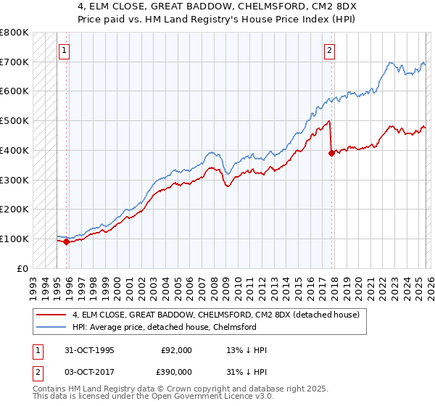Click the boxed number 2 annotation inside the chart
(330, 51)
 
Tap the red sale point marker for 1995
(66, 241)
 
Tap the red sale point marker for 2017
(331, 153)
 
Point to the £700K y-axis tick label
(14, 62)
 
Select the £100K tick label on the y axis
(14, 239)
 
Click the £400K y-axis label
(14, 151)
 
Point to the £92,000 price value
(176, 350)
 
